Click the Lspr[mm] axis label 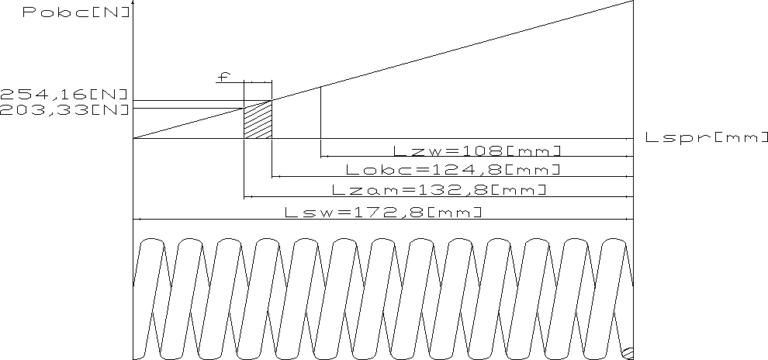pyautogui.click(x=705, y=138)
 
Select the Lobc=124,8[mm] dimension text pyautogui.click(x=452, y=169)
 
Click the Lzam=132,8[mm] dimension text pyautogui.click(x=438, y=189)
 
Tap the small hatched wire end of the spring pyautogui.click(x=628, y=355)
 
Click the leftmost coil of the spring pyautogui.click(x=151, y=295)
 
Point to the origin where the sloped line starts pyautogui.click(x=134, y=139)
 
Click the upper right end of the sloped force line pyautogui.click(x=633, y=2)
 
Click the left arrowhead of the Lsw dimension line pyautogui.click(x=137, y=220)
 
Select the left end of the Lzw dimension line pyautogui.click(x=322, y=157)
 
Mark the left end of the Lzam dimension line pyautogui.click(x=246, y=197)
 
